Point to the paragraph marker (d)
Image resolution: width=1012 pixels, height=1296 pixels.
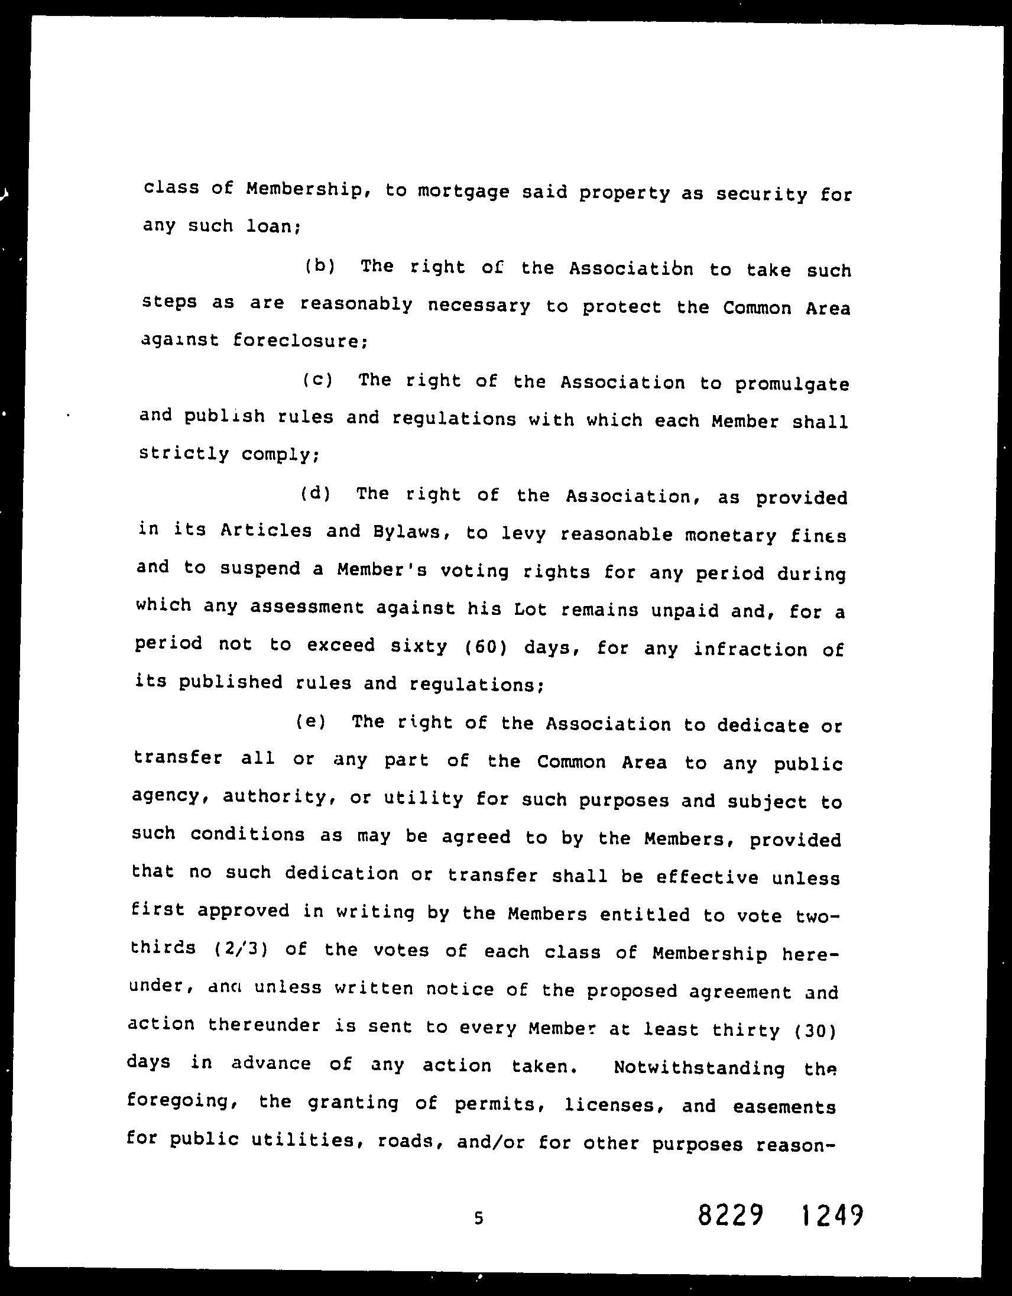click(x=316, y=493)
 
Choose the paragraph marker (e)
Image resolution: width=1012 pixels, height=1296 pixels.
click(x=311, y=721)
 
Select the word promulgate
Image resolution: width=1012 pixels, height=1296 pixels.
click(x=792, y=385)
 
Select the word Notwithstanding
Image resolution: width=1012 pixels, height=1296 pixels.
click(x=699, y=1068)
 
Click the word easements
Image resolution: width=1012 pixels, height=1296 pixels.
click(x=784, y=1107)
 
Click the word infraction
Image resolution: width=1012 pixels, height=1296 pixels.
click(x=750, y=649)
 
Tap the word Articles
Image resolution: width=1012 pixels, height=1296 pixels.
click(x=266, y=530)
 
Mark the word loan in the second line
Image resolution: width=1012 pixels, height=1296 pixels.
click(x=274, y=226)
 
